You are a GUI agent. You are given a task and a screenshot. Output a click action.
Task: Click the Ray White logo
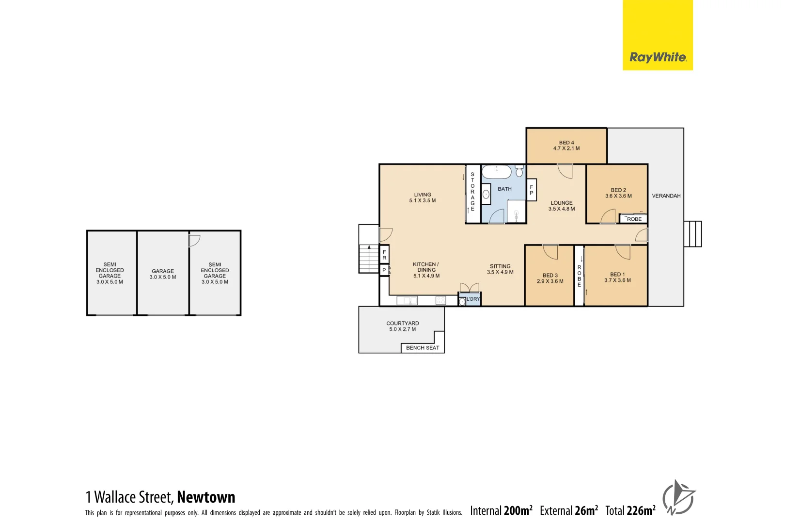click(657, 57)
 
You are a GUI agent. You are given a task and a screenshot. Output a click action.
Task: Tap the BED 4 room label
click(566, 146)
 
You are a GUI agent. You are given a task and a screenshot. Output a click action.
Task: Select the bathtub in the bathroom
click(496, 171)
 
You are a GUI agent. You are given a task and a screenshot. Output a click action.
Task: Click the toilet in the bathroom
click(519, 171)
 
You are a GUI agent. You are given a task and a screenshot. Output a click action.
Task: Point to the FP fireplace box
click(531, 190)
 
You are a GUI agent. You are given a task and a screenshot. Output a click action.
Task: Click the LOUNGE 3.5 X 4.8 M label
click(561, 206)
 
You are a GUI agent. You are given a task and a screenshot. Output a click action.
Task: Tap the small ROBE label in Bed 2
click(634, 219)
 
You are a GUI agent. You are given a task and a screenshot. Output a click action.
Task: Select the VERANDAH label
click(666, 196)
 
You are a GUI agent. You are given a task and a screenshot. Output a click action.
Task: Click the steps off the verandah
click(692, 234)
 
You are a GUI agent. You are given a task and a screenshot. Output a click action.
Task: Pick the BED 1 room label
click(617, 277)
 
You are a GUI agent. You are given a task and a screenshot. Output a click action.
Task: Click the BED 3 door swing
click(551, 252)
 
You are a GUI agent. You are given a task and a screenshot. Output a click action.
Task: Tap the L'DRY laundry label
click(473, 299)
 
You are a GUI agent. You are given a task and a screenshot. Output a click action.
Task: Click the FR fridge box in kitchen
click(384, 255)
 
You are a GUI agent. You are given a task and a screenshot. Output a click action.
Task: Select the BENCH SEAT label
click(422, 348)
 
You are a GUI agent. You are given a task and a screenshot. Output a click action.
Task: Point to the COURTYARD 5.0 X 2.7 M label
click(402, 326)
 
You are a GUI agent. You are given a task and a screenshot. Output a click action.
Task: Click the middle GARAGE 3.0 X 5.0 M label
click(162, 274)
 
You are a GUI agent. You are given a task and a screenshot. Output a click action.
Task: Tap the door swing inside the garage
click(194, 240)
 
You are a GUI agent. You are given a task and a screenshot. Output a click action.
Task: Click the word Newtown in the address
click(206, 497)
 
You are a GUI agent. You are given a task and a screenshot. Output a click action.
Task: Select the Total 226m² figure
click(630, 510)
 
